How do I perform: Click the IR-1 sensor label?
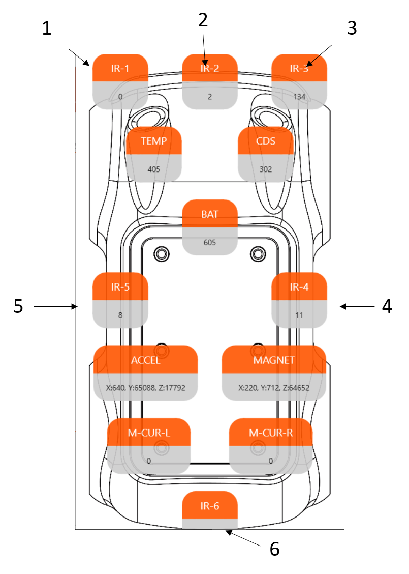tap(120, 69)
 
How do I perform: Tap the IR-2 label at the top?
tap(209, 69)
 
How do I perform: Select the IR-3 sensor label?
tap(299, 69)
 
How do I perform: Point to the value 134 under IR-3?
tap(299, 97)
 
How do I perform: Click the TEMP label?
tap(153, 141)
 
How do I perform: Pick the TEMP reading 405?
tap(153, 169)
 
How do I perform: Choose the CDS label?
tap(266, 141)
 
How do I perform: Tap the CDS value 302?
tap(266, 169)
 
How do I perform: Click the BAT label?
tap(209, 214)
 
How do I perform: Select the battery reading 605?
tap(209, 243)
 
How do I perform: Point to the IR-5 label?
tap(120, 287)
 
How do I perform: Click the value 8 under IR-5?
tap(120, 315)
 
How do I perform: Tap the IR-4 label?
tap(299, 287)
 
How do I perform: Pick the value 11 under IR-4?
tap(299, 315)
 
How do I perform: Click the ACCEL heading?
tap(145, 360)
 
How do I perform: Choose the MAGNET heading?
tap(274, 360)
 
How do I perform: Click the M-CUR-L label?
tap(148, 433)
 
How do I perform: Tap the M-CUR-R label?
tap(271, 433)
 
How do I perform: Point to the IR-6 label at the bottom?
tap(209, 506)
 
